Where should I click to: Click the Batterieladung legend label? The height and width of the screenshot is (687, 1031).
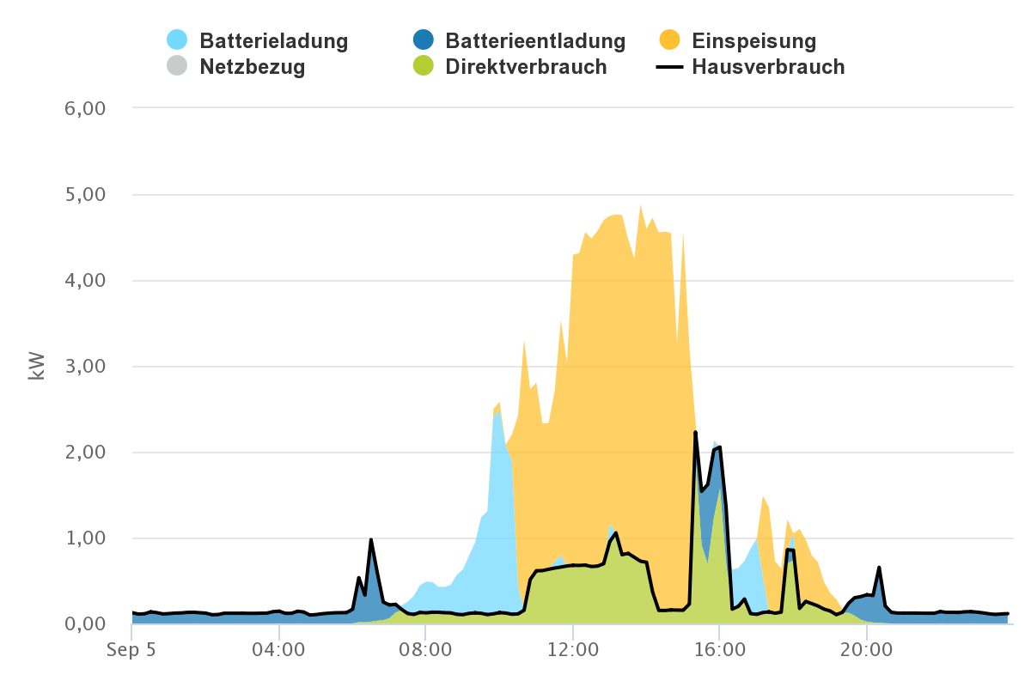[273, 40]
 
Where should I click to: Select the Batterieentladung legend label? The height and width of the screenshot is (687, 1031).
[535, 40]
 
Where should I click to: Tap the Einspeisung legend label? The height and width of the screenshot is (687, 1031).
[753, 40]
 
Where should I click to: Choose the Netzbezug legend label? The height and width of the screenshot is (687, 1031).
[253, 66]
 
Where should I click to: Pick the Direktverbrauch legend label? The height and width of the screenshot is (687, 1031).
[526, 66]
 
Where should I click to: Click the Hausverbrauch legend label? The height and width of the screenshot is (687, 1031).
[768, 66]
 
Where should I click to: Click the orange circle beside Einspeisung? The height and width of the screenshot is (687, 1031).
[669, 40]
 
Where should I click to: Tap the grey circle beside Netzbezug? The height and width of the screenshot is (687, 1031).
[177, 65]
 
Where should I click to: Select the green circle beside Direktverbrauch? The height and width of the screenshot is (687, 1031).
[423, 65]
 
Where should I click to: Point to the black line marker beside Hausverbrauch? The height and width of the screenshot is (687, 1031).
[669, 66]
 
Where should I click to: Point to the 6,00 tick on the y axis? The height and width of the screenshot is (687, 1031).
[84, 109]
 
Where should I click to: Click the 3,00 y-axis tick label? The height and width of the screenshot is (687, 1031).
[84, 367]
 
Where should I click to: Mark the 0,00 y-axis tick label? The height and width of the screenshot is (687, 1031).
[84, 624]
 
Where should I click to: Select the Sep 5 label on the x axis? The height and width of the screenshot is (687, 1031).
[131, 649]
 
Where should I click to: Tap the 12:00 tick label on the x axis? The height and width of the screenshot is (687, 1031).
[573, 649]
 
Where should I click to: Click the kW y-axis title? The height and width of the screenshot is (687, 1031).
[36, 366]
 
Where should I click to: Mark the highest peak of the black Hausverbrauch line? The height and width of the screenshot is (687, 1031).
[695, 432]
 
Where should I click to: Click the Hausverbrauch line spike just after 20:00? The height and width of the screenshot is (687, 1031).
[879, 568]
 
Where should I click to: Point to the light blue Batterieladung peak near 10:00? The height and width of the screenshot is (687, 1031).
[499, 412]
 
